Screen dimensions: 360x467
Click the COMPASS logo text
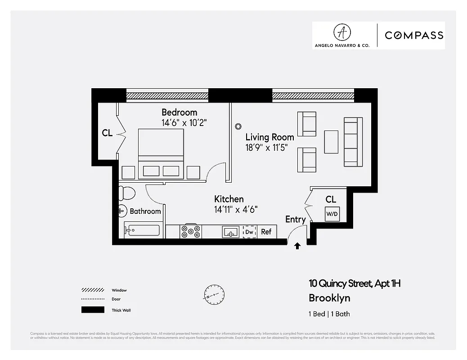tap(413, 35)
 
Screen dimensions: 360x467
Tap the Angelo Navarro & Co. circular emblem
tap(342, 32)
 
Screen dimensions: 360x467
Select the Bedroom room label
tap(179, 112)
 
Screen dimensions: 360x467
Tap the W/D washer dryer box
tap(332, 214)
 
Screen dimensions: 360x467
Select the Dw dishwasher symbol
tap(249, 232)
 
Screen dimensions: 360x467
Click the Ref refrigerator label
tap(266, 232)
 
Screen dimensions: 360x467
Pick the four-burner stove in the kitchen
tap(191, 231)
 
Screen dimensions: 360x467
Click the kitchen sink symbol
tap(230, 232)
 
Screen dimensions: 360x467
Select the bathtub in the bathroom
tap(142, 230)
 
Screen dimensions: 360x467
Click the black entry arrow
tap(297, 246)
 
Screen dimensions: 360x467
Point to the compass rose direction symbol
tap(213, 295)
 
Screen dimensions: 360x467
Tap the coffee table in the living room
tap(331, 142)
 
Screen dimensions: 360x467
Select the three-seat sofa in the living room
tap(353, 142)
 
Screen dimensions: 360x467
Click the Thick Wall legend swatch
tap(93, 310)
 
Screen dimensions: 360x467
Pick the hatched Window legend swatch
tap(93, 290)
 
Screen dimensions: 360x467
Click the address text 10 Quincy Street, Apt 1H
tap(354, 283)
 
